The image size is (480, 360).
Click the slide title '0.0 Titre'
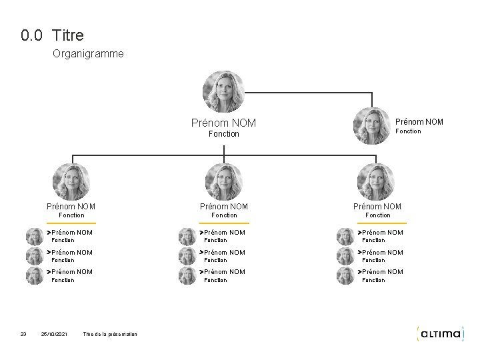(x=52, y=35)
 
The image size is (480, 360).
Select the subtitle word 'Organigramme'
(x=87, y=53)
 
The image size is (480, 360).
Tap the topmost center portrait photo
(x=223, y=91)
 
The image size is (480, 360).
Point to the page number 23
(x=23, y=334)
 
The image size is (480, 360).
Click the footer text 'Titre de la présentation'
(x=110, y=334)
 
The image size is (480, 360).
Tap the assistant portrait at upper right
(x=371, y=126)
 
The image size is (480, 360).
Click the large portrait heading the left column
(x=71, y=181)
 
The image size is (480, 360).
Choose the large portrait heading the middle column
(x=223, y=181)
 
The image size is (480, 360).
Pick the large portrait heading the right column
(x=376, y=181)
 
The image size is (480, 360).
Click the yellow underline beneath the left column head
(x=71, y=222)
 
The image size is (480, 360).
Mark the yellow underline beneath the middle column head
(x=223, y=222)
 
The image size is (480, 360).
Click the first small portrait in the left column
(x=34, y=236)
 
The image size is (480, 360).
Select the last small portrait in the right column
(x=345, y=275)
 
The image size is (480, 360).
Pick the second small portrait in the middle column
(x=187, y=256)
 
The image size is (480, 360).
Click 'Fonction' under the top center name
(x=223, y=134)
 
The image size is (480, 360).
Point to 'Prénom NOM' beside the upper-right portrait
(x=419, y=121)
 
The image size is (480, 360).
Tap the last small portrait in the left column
(x=34, y=275)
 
